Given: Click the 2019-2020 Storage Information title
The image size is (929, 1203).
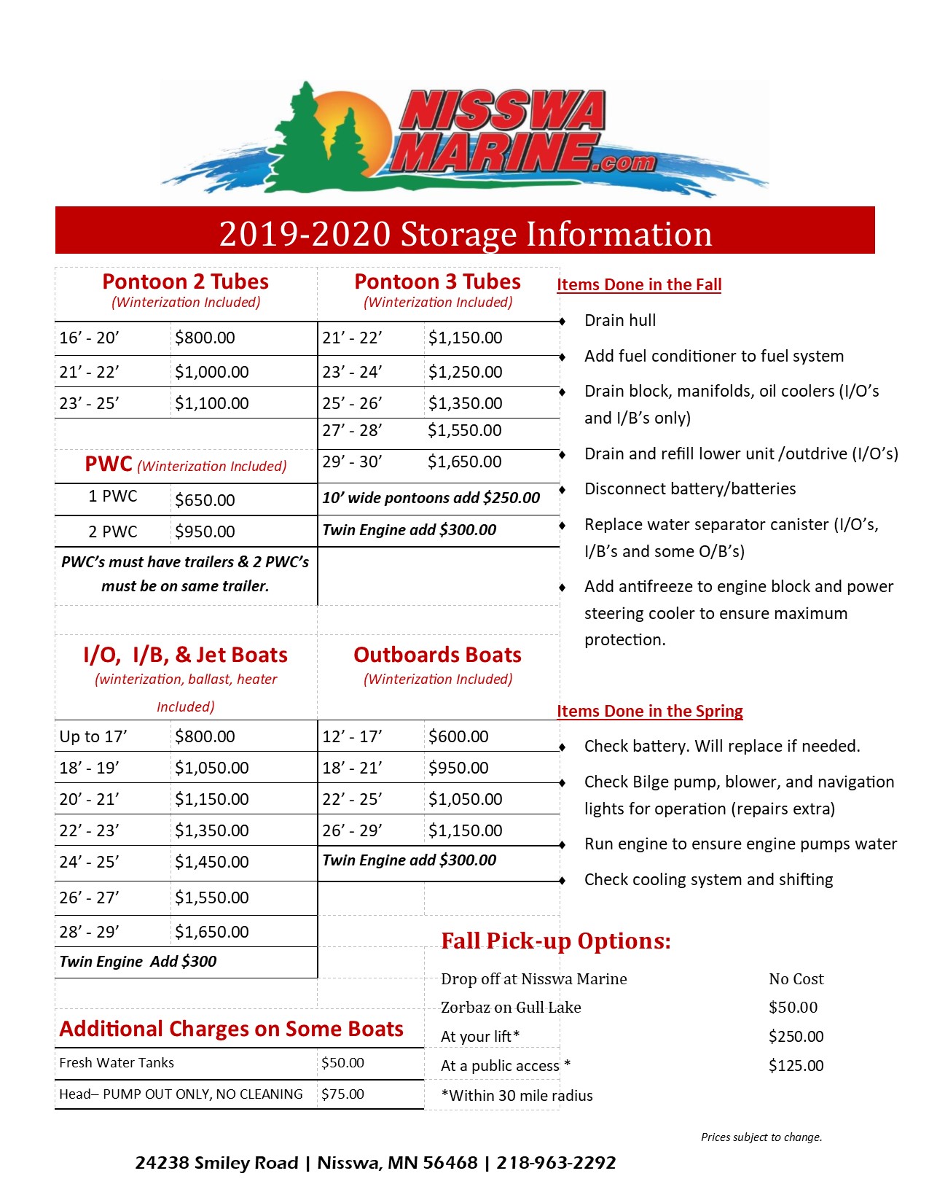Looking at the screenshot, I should (x=465, y=233).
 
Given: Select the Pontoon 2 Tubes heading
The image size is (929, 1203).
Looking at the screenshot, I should (x=185, y=282).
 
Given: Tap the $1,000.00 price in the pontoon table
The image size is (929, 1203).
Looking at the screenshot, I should (x=211, y=372).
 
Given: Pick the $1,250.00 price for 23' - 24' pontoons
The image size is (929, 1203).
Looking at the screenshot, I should (x=465, y=372).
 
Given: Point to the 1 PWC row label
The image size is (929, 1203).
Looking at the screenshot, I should (x=112, y=497).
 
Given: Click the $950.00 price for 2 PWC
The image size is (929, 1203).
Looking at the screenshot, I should (x=205, y=532).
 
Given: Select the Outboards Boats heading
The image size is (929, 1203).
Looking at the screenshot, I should (x=437, y=655).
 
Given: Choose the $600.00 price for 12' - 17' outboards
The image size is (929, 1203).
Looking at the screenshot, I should (x=458, y=736).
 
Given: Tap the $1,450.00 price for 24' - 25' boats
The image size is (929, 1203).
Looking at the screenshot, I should (x=211, y=862).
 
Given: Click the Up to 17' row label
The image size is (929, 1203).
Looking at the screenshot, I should (x=93, y=736).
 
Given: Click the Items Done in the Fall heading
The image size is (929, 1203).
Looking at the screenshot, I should (x=639, y=284).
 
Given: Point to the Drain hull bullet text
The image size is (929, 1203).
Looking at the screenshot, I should (x=620, y=320).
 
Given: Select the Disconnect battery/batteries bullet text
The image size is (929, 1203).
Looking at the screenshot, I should (x=690, y=488).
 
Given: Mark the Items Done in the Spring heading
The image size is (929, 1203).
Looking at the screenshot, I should (x=650, y=711).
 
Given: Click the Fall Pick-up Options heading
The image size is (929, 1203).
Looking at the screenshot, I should (x=556, y=941).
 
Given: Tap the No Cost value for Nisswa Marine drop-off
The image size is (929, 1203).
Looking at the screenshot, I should (x=796, y=979).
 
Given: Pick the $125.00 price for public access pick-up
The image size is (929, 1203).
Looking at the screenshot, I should (x=796, y=1066).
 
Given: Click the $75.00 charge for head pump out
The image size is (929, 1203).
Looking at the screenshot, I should (x=342, y=1094).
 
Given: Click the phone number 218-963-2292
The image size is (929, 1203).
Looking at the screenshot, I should (x=556, y=1163).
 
